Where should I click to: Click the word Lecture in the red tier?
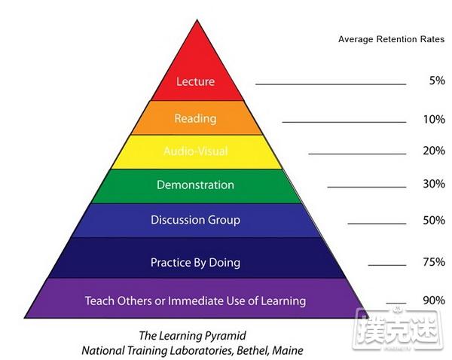pyautogui.click(x=195, y=81)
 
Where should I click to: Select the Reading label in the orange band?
pyautogui.click(x=195, y=118)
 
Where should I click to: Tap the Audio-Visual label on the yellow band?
pyautogui.click(x=196, y=151)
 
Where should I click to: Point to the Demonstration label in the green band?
pyautogui.click(x=195, y=185)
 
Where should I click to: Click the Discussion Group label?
pyautogui.click(x=195, y=220)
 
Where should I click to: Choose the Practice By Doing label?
pyautogui.click(x=195, y=263)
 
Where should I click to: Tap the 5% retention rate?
pyautogui.click(x=437, y=81)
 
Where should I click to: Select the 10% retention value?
pyautogui.click(x=434, y=119)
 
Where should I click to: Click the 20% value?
pyautogui.click(x=434, y=151)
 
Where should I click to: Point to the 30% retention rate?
pyautogui.click(x=434, y=184)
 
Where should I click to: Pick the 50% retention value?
pyautogui.click(x=434, y=220)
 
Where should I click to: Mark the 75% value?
pyautogui.click(x=434, y=261)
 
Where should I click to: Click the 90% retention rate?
pyautogui.click(x=434, y=301)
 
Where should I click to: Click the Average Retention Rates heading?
pyautogui.click(x=392, y=39)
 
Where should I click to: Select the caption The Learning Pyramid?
pyautogui.click(x=193, y=336)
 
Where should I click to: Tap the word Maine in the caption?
pyautogui.click(x=288, y=351)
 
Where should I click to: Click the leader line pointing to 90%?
pyautogui.click(x=396, y=304)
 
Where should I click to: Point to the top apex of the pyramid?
pyautogui.click(x=197, y=20)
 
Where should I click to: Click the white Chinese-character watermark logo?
pyautogui.click(x=398, y=328)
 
